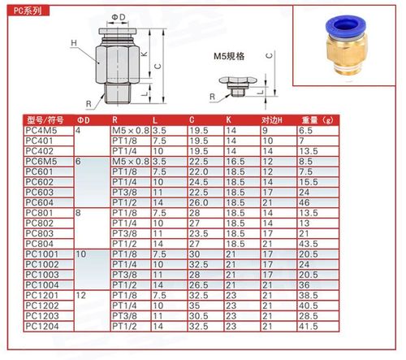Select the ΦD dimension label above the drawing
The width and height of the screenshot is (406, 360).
pyautogui.click(x=118, y=17)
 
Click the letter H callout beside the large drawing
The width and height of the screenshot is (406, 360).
pyautogui.click(x=74, y=43)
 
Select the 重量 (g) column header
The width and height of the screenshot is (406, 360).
pyautogui.click(x=318, y=119)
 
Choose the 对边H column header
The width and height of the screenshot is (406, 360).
pyautogui.click(x=274, y=119)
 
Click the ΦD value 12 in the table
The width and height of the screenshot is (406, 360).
pyautogui.click(x=80, y=294)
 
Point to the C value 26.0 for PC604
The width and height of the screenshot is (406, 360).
pyautogui.click(x=199, y=202)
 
